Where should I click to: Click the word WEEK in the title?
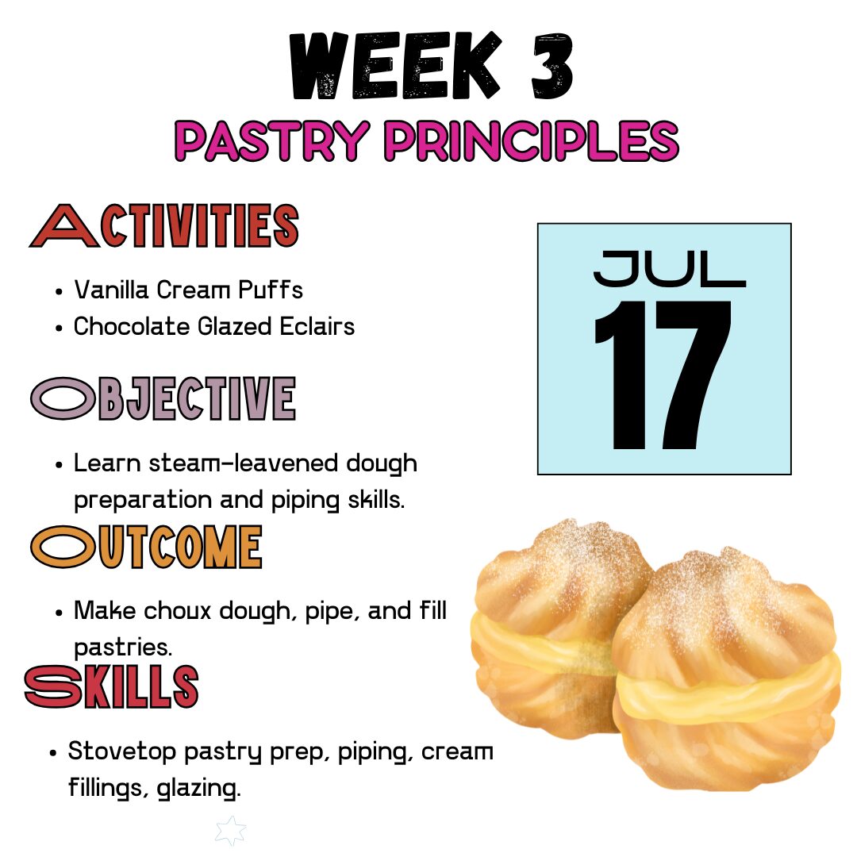pyautogui.click(x=394, y=66)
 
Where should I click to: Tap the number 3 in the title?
pyautogui.click(x=552, y=66)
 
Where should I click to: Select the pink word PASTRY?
pyautogui.click(x=271, y=141)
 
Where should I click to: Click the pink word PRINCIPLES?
pyautogui.click(x=531, y=141)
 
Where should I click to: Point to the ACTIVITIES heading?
pyautogui.click(x=164, y=225)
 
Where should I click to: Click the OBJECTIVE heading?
pyautogui.click(x=163, y=398)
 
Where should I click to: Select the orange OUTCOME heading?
pyautogui.click(x=147, y=547)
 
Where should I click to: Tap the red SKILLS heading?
pyautogui.click(x=112, y=686)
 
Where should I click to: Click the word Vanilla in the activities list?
pyautogui.click(x=112, y=290)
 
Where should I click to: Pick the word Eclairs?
pyautogui.click(x=317, y=326)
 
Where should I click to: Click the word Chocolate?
pyautogui.click(x=131, y=326)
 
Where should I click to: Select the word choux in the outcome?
pyautogui.click(x=177, y=611)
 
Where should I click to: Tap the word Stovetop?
pyautogui.click(x=121, y=751)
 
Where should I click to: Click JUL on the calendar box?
pyautogui.click(x=669, y=269)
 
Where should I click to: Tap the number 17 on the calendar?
pyautogui.click(x=663, y=375)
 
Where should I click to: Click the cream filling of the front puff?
pyautogui.click(x=727, y=691)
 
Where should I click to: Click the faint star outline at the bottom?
pyautogui.click(x=231, y=831)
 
